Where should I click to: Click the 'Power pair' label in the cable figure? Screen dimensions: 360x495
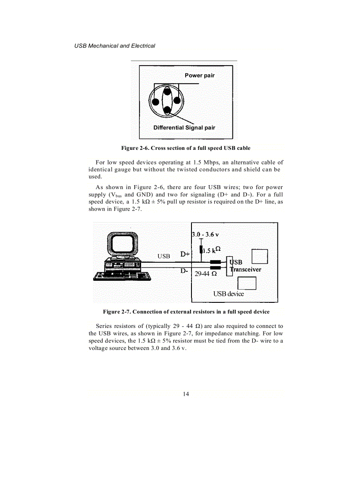coord(199,75)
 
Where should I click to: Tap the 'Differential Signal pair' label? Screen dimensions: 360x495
coord(184,128)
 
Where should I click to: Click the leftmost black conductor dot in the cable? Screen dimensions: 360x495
coord(155,103)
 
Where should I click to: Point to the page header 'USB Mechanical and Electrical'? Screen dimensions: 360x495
coord(115,46)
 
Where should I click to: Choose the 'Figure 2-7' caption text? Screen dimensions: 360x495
coord(186,312)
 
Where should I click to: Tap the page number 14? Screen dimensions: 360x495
coord(186,394)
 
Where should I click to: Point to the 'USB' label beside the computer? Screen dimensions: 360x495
coord(164,256)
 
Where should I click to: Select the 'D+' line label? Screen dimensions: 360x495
coord(185,254)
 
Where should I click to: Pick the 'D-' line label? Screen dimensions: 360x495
coord(184,271)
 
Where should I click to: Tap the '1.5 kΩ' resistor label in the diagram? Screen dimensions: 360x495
coord(212,250)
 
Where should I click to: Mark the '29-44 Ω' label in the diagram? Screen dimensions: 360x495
coord(206,274)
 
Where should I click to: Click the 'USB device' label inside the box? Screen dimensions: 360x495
coord(228,294)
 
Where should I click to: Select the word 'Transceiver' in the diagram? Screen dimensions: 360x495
coord(246,270)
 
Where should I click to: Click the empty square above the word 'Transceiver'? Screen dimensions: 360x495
coord(259,257)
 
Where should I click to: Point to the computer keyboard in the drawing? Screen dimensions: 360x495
coord(122,277)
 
